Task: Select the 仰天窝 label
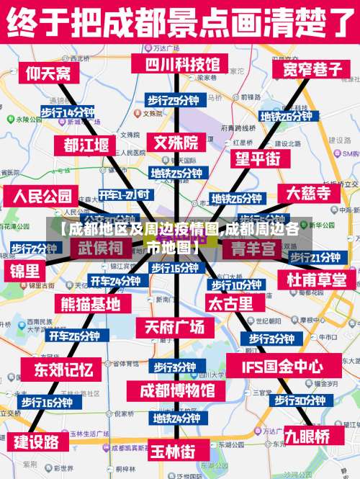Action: coord(49,73)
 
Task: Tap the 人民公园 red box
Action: coord(42,196)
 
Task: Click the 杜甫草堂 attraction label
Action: coord(317,279)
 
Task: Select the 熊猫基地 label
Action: coord(91,303)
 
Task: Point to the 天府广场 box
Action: coord(175,326)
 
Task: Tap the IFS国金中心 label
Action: coord(282,367)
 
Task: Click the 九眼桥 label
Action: coord(307,435)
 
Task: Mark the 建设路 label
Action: coord(37,442)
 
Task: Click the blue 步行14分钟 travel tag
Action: coord(67,112)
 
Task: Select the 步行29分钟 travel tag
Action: coord(173,100)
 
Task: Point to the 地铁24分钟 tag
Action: coord(176,417)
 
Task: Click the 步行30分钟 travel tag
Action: coord(298,400)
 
